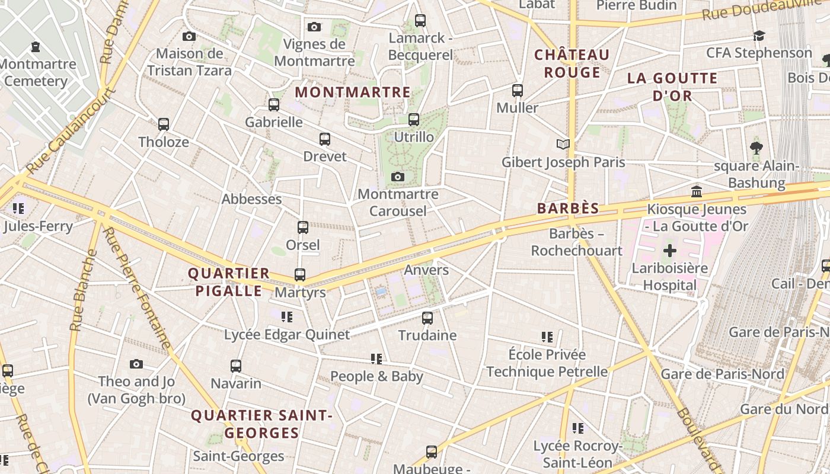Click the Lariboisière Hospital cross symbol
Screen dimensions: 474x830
point(670,251)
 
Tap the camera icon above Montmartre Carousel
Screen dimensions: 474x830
point(398,177)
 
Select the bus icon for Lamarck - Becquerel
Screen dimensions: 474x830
point(420,21)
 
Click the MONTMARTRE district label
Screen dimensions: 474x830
point(353,92)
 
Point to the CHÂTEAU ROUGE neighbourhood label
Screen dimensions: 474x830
point(572,63)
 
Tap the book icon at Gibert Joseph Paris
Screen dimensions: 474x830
point(563,144)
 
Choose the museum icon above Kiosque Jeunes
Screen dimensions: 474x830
point(697,192)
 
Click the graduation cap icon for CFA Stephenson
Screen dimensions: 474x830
point(759,36)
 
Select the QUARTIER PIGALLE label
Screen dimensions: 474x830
point(229,282)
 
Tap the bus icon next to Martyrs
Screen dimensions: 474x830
point(300,275)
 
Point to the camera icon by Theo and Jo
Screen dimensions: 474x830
point(136,364)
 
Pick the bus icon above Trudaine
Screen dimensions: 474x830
point(427,318)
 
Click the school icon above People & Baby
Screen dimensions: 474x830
point(376,358)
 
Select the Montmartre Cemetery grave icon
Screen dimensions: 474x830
point(36,46)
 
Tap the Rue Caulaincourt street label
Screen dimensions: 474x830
point(71,132)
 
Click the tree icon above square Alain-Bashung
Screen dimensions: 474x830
point(756,148)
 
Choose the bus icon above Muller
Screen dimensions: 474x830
point(518,91)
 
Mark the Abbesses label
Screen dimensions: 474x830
point(251,199)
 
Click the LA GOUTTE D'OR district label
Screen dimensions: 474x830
point(672,87)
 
